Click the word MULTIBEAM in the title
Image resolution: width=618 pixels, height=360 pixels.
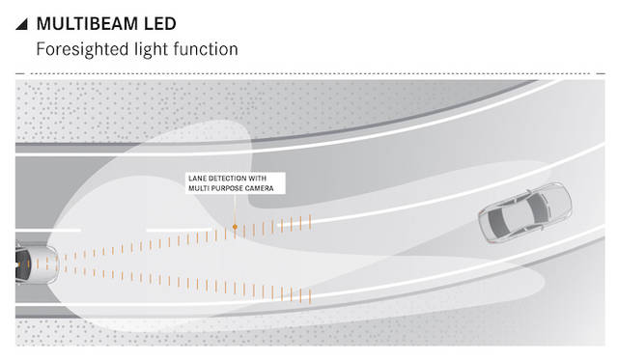pyautogui.click(x=88, y=23)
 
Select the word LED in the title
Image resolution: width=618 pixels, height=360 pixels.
pyautogui.click(x=160, y=23)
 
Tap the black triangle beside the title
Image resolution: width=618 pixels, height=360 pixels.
pyautogui.click(x=22, y=24)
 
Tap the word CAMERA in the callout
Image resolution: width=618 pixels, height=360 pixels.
pyautogui.click(x=260, y=188)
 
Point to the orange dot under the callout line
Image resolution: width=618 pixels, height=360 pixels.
pyautogui.click(x=235, y=227)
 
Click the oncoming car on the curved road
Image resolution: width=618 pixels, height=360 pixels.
pyautogui.click(x=525, y=212)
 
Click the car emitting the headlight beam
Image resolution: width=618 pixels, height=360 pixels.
pyautogui.click(x=37, y=263)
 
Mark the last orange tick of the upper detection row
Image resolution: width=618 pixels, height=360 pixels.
pyautogui.click(x=310, y=222)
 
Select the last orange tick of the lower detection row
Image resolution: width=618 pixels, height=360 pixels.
pyautogui.click(x=310, y=296)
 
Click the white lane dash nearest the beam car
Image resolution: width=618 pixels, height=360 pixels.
pyautogui.click(x=48, y=230)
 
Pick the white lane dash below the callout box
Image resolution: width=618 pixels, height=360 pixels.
pyautogui.click(x=179, y=230)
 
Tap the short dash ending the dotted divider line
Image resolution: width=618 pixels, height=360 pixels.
pyautogui.click(x=601, y=73)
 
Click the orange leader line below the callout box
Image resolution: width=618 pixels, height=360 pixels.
pyautogui.click(x=235, y=209)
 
